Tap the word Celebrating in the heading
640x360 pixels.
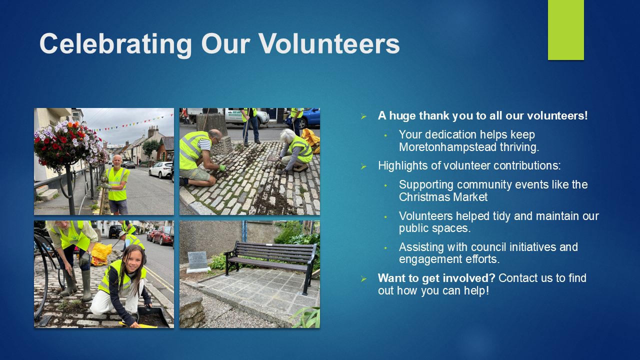point(115,45)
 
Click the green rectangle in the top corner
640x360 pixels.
point(565,30)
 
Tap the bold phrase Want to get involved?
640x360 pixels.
point(436,278)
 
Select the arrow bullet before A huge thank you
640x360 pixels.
point(363,116)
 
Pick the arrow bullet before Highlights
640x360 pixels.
point(363,166)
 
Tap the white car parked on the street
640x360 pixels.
point(160,169)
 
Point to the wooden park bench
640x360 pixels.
point(271,263)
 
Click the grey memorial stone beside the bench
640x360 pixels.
point(197,261)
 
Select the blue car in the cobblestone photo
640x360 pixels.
point(306,118)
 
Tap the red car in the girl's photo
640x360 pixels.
point(163,235)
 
